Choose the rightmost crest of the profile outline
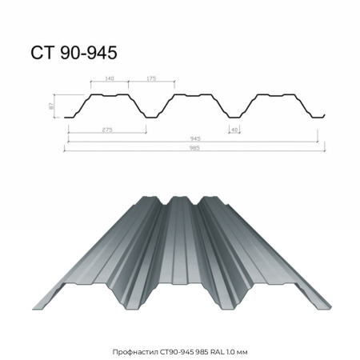coord(274,94)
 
